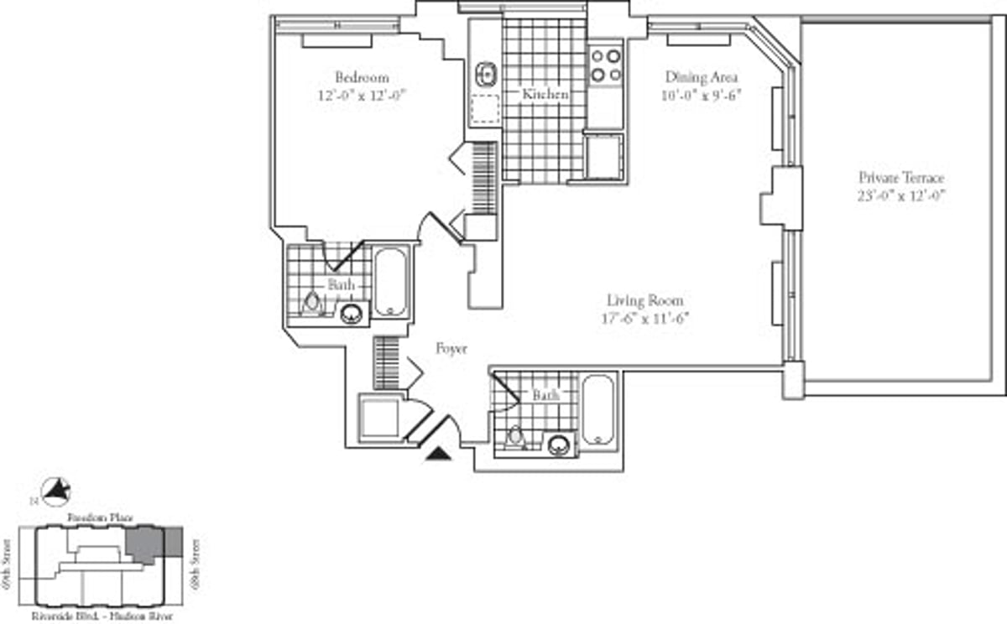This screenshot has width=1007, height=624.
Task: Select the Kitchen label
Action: click(x=545, y=95)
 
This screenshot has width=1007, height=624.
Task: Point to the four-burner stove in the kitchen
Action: click(x=606, y=65)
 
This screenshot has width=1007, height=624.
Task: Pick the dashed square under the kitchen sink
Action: click(x=485, y=109)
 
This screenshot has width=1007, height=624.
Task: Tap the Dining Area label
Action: click(x=702, y=77)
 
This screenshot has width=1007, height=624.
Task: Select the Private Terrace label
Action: click(x=901, y=178)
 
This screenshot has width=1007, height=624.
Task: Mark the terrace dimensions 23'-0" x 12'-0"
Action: click(x=901, y=195)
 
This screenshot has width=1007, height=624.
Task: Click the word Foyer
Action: click(x=451, y=348)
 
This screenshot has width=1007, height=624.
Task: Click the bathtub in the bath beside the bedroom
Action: click(x=390, y=282)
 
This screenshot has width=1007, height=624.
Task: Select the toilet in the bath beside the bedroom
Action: click(x=312, y=301)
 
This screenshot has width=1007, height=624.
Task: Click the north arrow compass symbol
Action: click(x=57, y=491)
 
